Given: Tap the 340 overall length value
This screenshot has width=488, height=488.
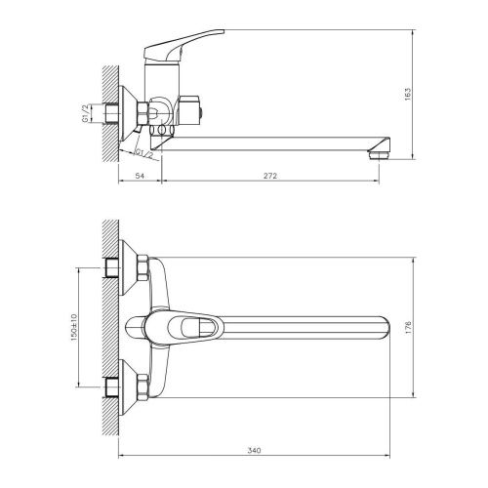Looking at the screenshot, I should pyautogui.click(x=256, y=450).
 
